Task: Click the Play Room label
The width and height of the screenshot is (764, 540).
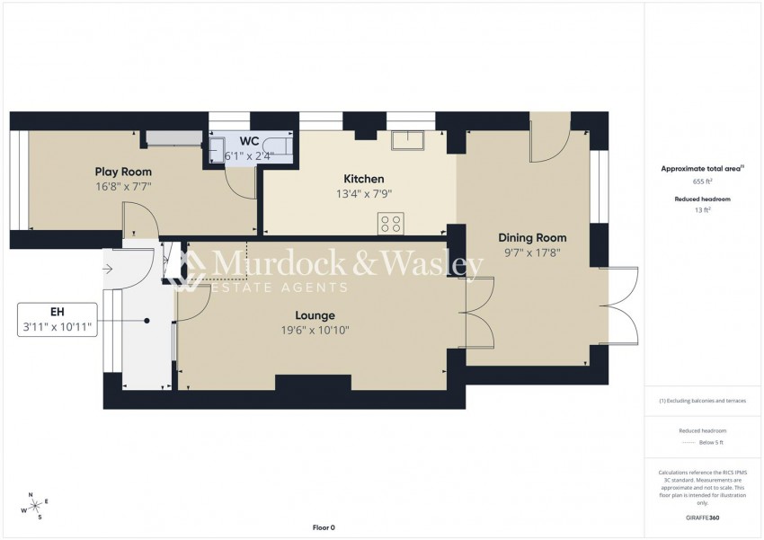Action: (123, 172)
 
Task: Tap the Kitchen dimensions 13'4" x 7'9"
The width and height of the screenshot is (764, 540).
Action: (363, 193)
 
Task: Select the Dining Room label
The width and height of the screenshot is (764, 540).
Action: (533, 238)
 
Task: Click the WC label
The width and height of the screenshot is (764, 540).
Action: (249, 142)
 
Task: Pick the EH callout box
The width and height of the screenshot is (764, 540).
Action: (58, 320)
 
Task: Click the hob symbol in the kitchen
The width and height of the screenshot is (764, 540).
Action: (389, 224)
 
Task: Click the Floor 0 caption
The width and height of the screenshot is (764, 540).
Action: (323, 527)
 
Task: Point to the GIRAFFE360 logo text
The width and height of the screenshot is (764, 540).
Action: (701, 518)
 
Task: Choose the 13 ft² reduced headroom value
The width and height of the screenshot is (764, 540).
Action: (701, 209)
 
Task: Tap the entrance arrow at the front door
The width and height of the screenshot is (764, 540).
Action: (109, 267)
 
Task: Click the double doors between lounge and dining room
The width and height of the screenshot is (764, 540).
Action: (480, 314)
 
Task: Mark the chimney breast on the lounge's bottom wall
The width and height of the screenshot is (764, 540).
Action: (313, 383)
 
